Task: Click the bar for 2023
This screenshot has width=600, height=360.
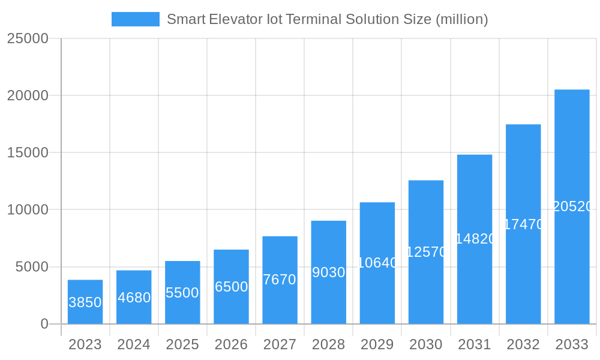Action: pyautogui.click(x=85, y=302)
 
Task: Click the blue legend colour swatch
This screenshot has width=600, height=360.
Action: pyautogui.click(x=136, y=19)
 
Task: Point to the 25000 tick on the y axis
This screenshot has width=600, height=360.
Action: pyautogui.click(x=28, y=38)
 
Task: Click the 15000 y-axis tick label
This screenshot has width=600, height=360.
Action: pyautogui.click(x=28, y=152)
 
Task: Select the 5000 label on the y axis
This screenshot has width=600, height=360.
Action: pyautogui.click(x=31, y=267)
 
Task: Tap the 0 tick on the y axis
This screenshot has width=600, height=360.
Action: pyautogui.click(x=44, y=324)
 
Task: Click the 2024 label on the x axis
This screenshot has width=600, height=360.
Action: pyautogui.click(x=134, y=344)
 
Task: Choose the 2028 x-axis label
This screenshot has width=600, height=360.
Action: pyautogui.click(x=328, y=344)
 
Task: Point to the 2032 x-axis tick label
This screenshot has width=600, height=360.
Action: pyautogui.click(x=523, y=344)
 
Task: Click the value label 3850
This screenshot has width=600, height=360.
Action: pyautogui.click(x=85, y=302)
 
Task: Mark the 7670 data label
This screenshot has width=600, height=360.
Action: pyautogui.click(x=280, y=280)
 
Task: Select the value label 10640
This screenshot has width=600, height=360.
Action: pyautogui.click(x=377, y=263)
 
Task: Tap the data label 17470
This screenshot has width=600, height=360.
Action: pyautogui.click(x=523, y=224)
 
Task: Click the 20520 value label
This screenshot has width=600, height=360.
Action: pyautogui.click(x=572, y=206)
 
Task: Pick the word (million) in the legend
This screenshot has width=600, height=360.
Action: pyautogui.click(x=461, y=19)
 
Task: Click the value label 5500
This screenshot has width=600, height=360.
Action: pyautogui.click(x=182, y=293)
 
